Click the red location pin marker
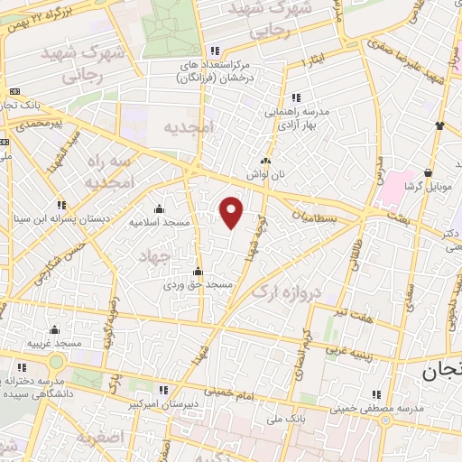(232, 212)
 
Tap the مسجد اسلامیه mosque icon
(159, 208)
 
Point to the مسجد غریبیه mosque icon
(55, 329)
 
